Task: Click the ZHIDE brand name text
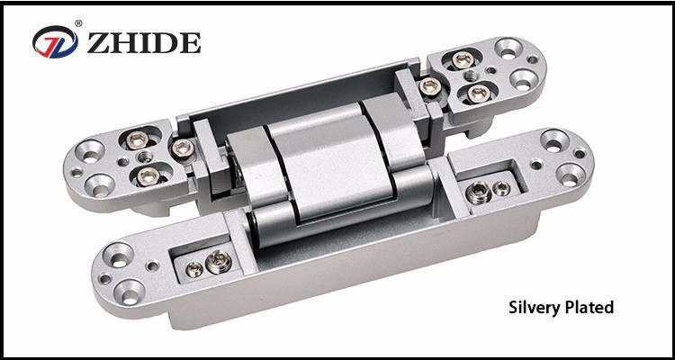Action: click(144, 42)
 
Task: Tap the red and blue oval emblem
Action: click(55, 41)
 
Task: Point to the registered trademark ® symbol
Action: click(78, 23)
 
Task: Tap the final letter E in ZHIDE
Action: click(190, 42)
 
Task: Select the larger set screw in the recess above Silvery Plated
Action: click(478, 193)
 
